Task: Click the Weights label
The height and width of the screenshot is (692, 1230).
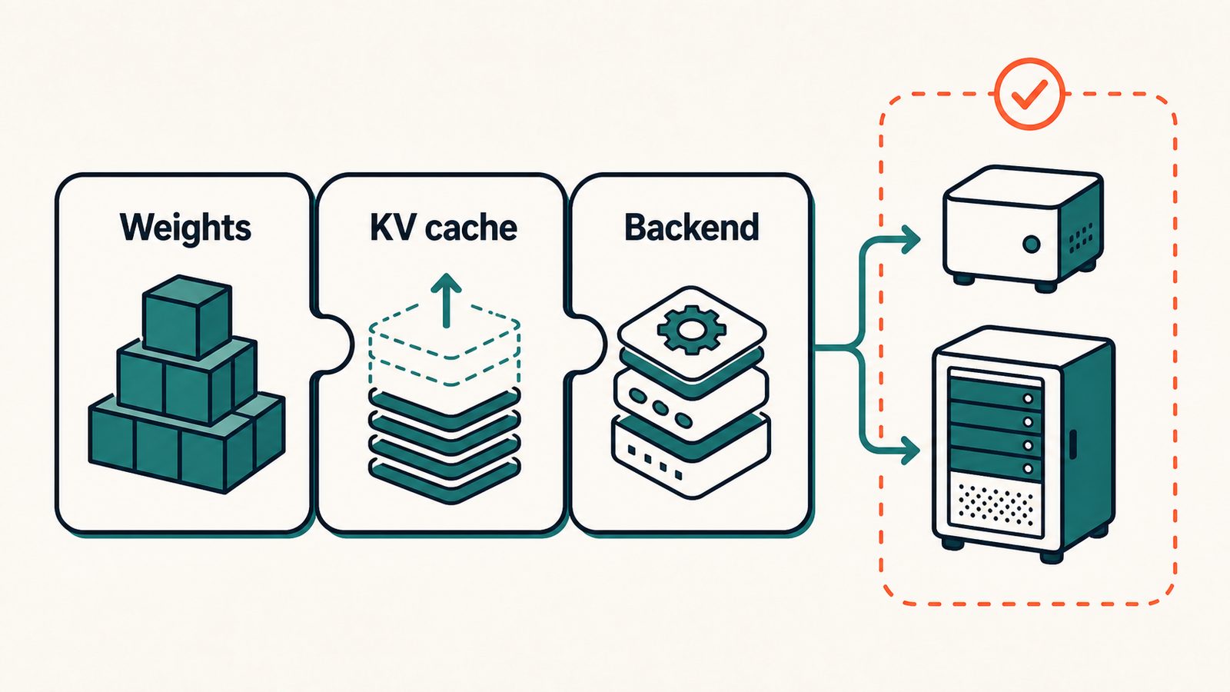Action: coord(185,227)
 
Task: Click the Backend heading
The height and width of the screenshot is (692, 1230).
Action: coord(691,226)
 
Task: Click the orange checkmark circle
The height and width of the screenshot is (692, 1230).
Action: coord(1029,94)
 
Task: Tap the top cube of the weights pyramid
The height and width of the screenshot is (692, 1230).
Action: coord(186,315)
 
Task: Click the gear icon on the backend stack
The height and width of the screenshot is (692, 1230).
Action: coord(691,330)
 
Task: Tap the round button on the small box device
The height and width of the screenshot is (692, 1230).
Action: coord(1031,244)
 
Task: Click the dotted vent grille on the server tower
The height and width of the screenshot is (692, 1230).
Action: coord(995,504)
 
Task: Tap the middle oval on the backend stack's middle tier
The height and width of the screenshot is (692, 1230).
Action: coord(660,407)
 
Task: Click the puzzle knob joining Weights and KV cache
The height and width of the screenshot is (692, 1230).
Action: coord(334,344)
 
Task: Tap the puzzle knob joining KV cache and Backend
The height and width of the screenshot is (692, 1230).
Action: coord(587,344)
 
